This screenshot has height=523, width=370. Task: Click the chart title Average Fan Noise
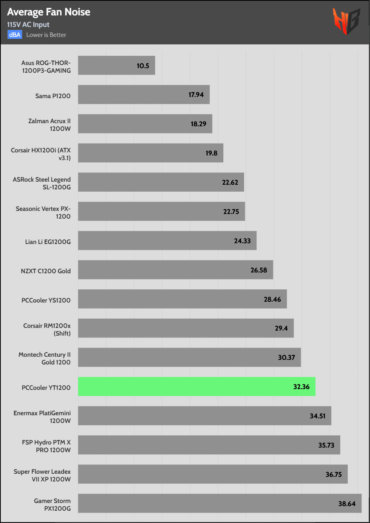click(x=49, y=12)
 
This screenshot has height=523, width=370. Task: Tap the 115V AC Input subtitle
click(x=28, y=25)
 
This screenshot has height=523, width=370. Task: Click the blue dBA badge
click(x=15, y=35)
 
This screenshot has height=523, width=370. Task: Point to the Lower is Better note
click(x=46, y=35)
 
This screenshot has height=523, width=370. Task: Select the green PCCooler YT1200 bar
click(x=196, y=386)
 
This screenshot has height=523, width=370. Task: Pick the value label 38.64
click(x=347, y=503)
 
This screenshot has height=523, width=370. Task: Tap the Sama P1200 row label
click(x=53, y=96)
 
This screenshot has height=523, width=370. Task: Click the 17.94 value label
click(x=196, y=95)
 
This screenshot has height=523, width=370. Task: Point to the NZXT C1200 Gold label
click(x=46, y=271)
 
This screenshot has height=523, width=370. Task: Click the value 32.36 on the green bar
click(x=301, y=387)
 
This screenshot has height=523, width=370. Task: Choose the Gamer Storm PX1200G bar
click(x=219, y=503)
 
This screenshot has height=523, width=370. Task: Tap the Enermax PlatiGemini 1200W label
click(x=42, y=417)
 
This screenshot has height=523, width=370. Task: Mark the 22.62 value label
click(x=230, y=182)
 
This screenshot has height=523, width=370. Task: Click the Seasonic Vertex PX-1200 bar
click(x=161, y=211)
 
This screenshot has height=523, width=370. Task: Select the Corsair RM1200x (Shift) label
click(x=47, y=329)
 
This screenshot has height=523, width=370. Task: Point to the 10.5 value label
click(x=143, y=66)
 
